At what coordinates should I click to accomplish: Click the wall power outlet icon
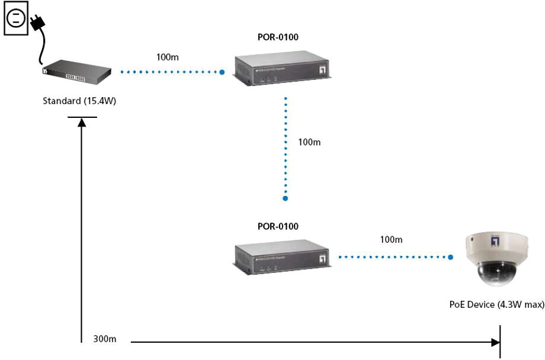tap(16, 18)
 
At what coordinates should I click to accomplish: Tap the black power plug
tap(37, 23)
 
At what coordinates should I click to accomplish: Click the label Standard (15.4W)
tap(79, 101)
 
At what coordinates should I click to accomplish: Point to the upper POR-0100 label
tap(278, 38)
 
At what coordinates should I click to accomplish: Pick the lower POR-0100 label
tap(278, 226)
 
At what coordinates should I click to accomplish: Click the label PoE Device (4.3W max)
tap(496, 304)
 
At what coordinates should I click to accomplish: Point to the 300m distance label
tap(105, 339)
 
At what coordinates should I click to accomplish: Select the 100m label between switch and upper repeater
tap(168, 57)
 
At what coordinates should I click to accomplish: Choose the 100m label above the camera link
tap(390, 240)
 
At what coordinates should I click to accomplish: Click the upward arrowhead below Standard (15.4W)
tap(82, 121)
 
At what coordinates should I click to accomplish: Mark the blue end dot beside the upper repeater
tap(222, 72)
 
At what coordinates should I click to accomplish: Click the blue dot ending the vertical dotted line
tap(285, 198)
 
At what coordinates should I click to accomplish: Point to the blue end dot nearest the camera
tap(450, 258)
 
